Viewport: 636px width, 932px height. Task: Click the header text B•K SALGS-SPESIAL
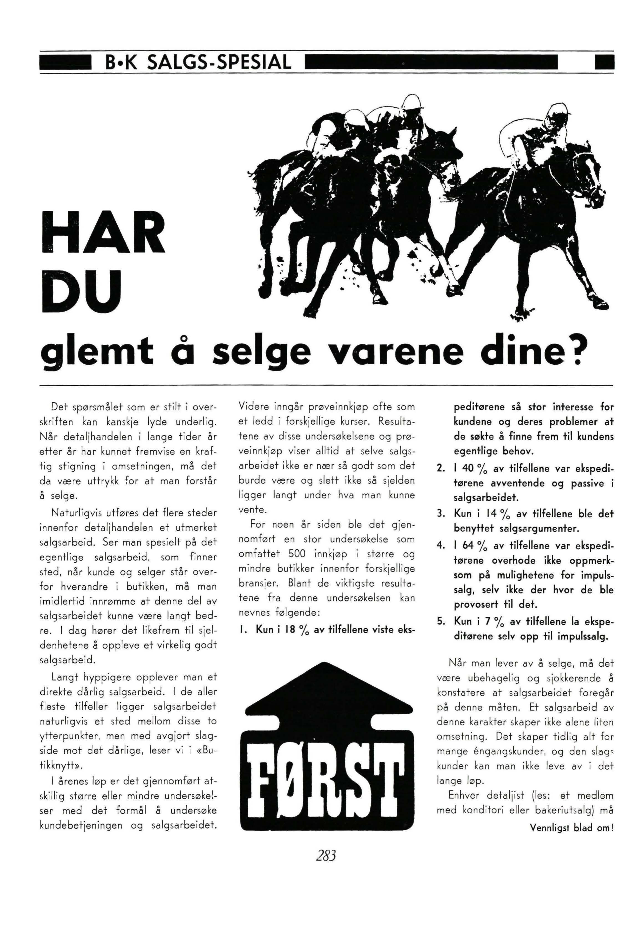(196, 63)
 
